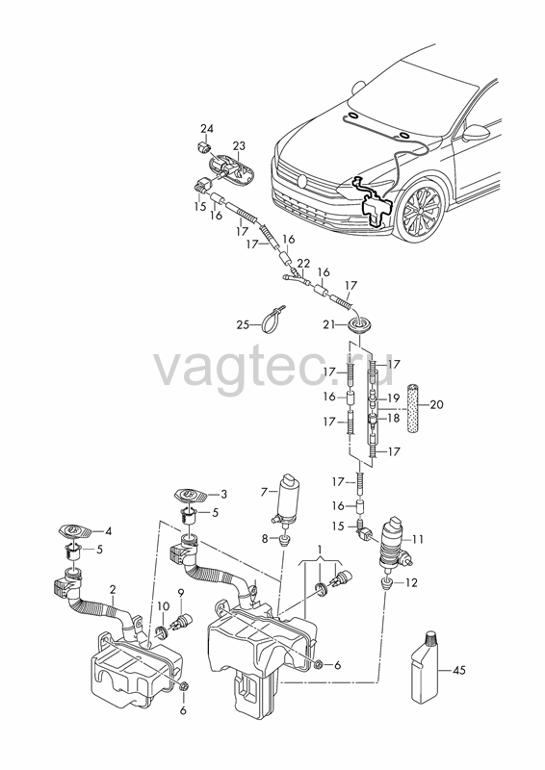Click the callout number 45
(458, 670)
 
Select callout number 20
(436, 404)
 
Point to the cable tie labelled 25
(276, 321)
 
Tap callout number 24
(207, 129)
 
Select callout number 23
(239, 146)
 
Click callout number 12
(411, 583)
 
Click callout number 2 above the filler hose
(113, 589)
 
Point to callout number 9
(181, 594)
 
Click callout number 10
(164, 606)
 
